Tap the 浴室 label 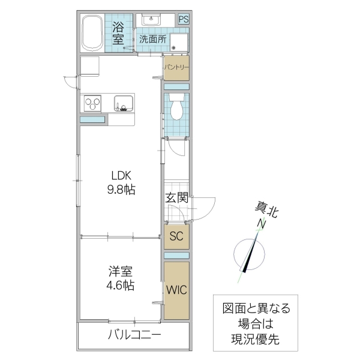(x=119, y=32)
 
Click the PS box (x=183, y=19)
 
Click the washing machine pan (x=179, y=43)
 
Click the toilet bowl (x=177, y=109)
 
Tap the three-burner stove (x=93, y=103)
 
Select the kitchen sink (x=123, y=103)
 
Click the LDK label (x=121, y=176)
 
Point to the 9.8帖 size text (x=121, y=190)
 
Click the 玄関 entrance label (x=177, y=198)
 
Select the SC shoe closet (x=176, y=236)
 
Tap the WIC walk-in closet (x=177, y=290)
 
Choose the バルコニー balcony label (x=134, y=335)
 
